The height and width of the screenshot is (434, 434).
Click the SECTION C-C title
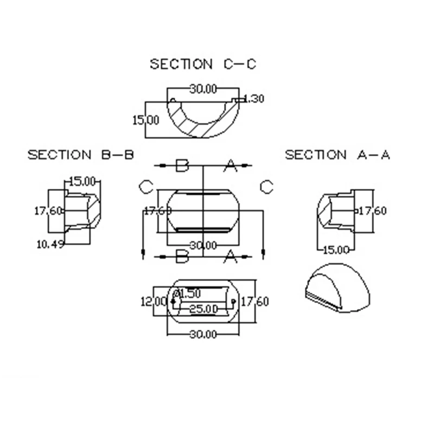203,64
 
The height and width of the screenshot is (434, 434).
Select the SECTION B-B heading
80,155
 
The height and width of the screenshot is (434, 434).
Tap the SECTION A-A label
337,155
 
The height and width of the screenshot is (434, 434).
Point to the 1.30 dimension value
254,99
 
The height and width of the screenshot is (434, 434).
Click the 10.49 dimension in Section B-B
50,245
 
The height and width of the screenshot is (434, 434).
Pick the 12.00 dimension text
154,302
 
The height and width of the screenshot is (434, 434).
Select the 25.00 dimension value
203,309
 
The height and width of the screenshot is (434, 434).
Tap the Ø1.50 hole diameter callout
188,293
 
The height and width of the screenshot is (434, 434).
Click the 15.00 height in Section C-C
146,120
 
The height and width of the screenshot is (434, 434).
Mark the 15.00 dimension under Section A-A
336,250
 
